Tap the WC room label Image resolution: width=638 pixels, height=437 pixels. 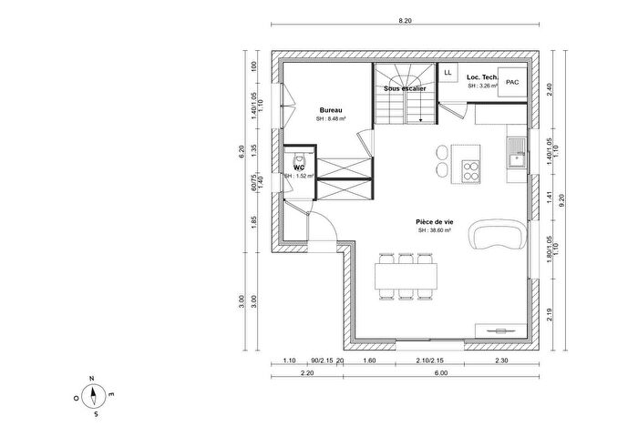click(x=298, y=167)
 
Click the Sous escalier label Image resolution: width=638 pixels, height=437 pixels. click(x=405, y=89)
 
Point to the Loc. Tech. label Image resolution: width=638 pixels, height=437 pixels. click(x=481, y=78)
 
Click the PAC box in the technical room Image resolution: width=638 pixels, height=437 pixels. click(x=513, y=81)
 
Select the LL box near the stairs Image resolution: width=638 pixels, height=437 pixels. click(x=448, y=72)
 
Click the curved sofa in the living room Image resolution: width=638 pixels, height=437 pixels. click(x=497, y=237)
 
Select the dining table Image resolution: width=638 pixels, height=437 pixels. click(x=407, y=275)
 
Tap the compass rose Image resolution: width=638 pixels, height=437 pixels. click(x=94, y=396)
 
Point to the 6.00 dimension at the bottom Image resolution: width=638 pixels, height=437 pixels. click(x=441, y=373)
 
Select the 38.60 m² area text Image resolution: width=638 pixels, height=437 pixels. click(x=435, y=231)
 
